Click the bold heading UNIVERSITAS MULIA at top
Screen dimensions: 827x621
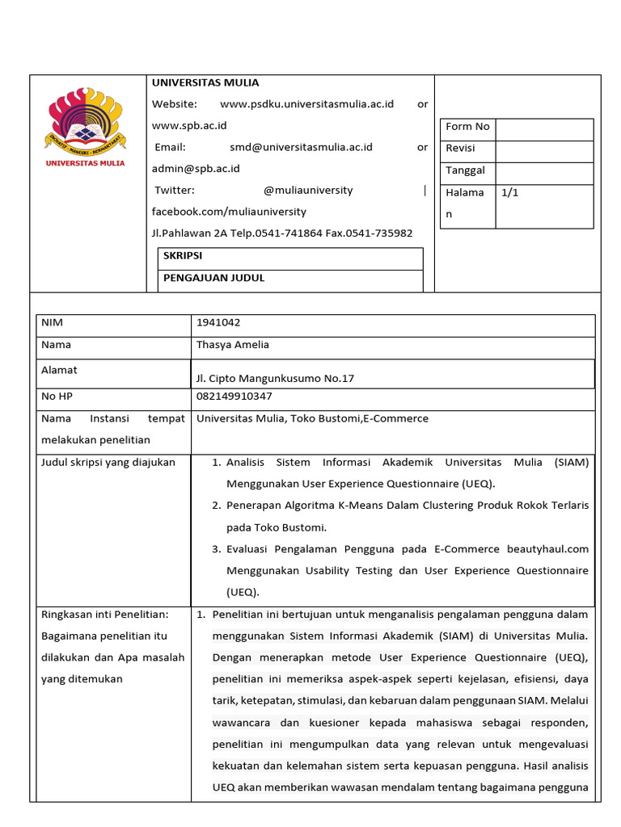point(205,82)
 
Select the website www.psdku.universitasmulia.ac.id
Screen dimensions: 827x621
point(306,104)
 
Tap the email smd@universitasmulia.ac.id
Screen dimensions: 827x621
point(301,147)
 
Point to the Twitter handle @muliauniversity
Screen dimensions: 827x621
point(308,191)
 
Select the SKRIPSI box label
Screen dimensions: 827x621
point(182,255)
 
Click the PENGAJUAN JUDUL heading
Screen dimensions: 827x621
point(213,278)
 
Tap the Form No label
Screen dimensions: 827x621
point(467,127)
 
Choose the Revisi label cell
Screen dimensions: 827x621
point(460,149)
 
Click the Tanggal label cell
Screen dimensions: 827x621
point(465,170)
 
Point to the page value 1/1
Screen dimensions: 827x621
point(510,193)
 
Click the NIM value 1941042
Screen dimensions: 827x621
point(218,323)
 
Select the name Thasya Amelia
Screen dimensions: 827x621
point(233,345)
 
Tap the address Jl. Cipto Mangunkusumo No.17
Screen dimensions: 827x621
point(275,378)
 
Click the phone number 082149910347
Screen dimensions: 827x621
point(234,397)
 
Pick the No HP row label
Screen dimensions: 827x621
point(57,397)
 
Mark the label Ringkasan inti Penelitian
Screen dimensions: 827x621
point(104,615)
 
